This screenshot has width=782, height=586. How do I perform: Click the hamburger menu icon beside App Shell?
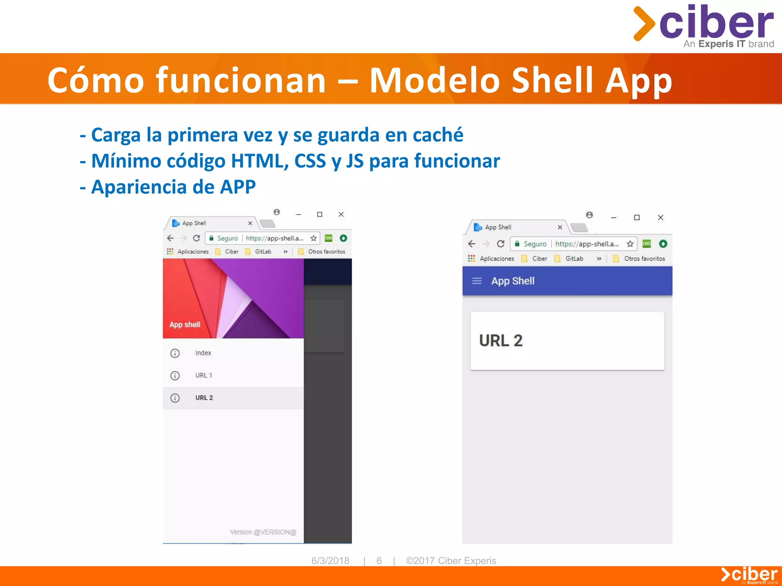(x=477, y=281)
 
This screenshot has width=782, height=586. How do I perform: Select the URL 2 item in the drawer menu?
(x=204, y=398)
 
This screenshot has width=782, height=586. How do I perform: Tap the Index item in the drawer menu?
(x=203, y=353)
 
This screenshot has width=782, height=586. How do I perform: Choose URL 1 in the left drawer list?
(x=204, y=375)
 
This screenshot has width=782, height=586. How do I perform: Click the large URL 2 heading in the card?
(x=501, y=341)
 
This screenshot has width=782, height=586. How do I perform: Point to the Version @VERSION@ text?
(x=263, y=532)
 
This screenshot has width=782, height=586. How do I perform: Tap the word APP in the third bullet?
(x=238, y=187)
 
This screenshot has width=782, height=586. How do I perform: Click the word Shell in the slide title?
(x=553, y=80)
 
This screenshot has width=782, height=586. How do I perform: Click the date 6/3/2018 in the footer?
(x=330, y=560)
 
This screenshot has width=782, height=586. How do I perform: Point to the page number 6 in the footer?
(x=379, y=560)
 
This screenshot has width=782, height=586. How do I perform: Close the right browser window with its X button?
(x=661, y=217)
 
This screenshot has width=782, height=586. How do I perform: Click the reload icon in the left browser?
(x=197, y=238)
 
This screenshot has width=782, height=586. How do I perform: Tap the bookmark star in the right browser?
(x=630, y=244)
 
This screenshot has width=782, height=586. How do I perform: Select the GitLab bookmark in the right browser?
(x=574, y=259)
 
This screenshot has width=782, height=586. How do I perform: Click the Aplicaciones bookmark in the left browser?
(x=193, y=252)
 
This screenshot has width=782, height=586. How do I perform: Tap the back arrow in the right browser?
(x=472, y=244)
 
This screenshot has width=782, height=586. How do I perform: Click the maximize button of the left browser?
(x=320, y=214)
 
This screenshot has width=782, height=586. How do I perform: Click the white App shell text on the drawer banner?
(x=185, y=325)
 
